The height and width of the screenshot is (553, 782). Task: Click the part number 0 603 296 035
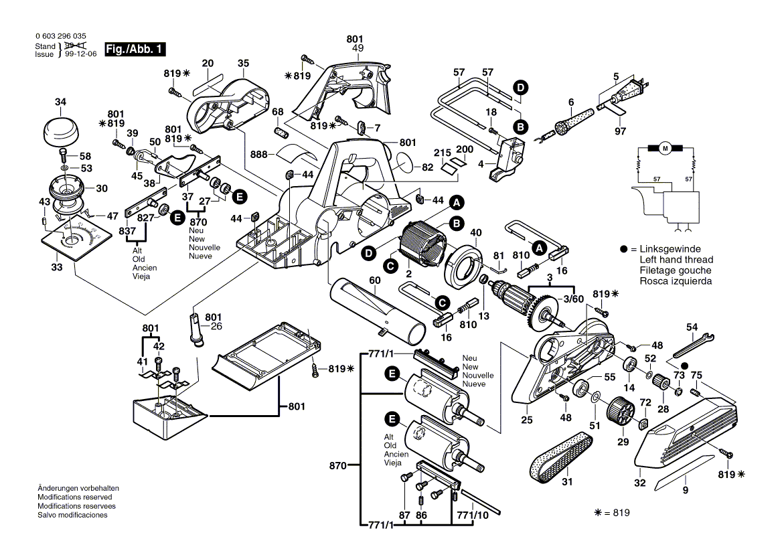60,37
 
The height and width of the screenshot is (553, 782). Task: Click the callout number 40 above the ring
477,233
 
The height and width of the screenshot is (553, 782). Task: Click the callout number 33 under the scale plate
56,267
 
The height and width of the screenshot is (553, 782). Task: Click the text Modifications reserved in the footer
74,497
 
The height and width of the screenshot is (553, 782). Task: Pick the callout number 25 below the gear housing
527,420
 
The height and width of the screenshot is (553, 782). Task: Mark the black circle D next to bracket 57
520,86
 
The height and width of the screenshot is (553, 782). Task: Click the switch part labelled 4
509,159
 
